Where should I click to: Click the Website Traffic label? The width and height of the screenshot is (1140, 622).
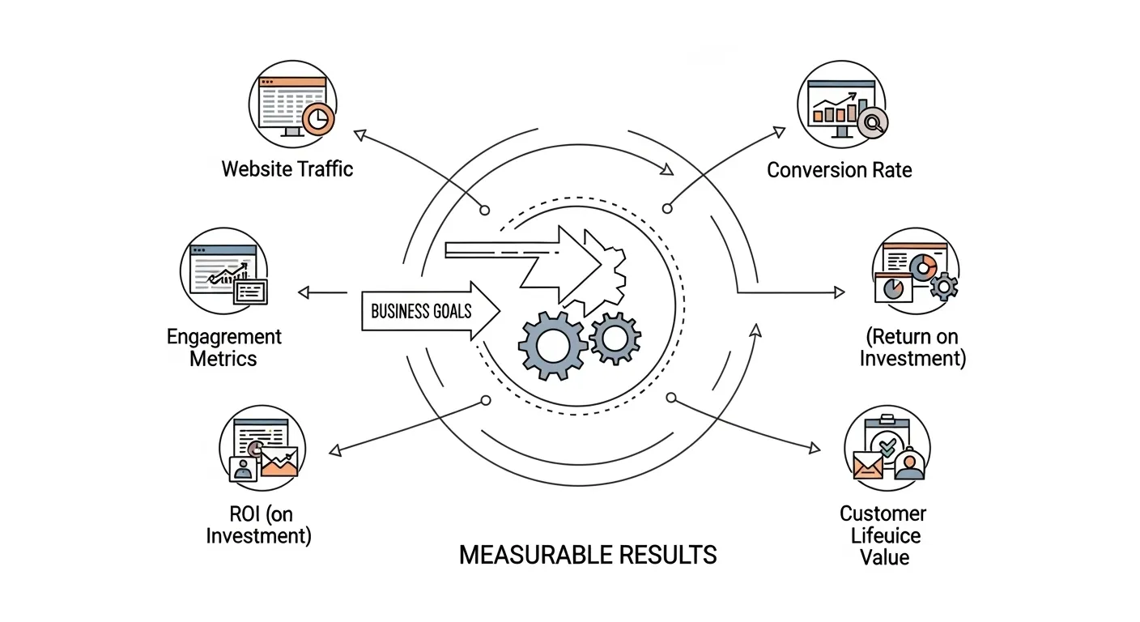click(x=287, y=169)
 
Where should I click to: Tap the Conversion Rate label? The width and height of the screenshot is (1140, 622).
click(x=839, y=170)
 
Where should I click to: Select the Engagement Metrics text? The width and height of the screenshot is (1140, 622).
click(x=223, y=347)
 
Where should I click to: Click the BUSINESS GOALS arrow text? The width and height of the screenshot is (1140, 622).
click(x=420, y=311)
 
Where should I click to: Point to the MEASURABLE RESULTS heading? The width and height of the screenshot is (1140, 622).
click(x=587, y=555)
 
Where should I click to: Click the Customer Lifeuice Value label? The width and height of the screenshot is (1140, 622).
click(x=883, y=535)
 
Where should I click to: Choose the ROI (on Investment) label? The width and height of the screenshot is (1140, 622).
click(x=258, y=524)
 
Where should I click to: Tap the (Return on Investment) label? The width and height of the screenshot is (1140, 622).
click(x=912, y=347)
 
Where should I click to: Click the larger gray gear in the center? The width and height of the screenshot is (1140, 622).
click(x=552, y=345)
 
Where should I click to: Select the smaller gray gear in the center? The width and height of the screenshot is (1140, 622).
click(x=615, y=338)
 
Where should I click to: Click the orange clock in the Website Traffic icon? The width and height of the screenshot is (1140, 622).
click(x=319, y=118)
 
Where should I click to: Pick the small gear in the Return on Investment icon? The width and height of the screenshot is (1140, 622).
click(x=943, y=286)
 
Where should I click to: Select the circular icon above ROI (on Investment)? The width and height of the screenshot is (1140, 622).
click(x=262, y=448)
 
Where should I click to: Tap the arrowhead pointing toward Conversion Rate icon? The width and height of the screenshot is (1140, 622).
click(x=779, y=130)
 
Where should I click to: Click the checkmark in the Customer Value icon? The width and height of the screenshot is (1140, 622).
click(x=887, y=445)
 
